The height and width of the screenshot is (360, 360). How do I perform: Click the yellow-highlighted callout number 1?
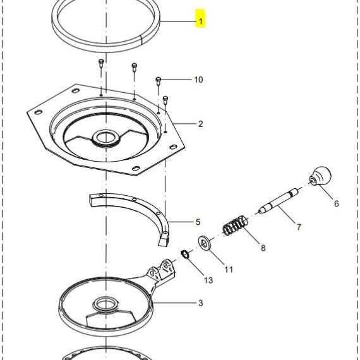(x=201, y=21)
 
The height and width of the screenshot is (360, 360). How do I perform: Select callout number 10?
(x=198, y=80)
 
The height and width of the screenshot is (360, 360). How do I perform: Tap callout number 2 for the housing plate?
(x=201, y=124)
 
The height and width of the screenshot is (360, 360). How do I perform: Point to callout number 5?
(x=198, y=222)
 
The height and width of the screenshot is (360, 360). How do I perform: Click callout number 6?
(x=337, y=203)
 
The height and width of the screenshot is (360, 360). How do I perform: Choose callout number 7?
(x=299, y=227)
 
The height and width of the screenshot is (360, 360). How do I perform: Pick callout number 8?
(x=263, y=248)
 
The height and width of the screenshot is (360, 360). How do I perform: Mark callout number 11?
(x=229, y=269)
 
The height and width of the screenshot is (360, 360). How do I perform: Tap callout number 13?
(x=208, y=280)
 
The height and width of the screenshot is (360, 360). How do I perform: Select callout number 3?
(x=201, y=303)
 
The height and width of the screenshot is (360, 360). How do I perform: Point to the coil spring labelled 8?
(x=236, y=225)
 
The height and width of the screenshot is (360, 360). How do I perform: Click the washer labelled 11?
(x=205, y=243)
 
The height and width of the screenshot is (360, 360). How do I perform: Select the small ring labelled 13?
(x=185, y=255)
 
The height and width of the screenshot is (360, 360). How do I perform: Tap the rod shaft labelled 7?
(x=279, y=201)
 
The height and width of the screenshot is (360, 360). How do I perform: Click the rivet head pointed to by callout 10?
(x=158, y=80)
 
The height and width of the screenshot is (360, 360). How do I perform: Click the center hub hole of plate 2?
(x=105, y=138)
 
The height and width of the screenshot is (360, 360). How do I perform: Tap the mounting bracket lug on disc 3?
(x=162, y=270)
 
